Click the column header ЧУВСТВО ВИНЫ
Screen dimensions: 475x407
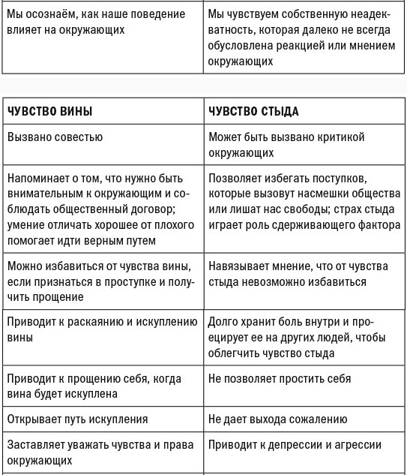click(50, 112)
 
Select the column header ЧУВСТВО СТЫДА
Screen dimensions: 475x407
click(253, 112)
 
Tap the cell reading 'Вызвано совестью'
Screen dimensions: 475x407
click(55, 138)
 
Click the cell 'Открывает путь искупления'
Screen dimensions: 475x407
click(77, 419)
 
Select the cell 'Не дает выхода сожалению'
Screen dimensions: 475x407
click(277, 419)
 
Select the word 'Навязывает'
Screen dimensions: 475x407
click(239, 266)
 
